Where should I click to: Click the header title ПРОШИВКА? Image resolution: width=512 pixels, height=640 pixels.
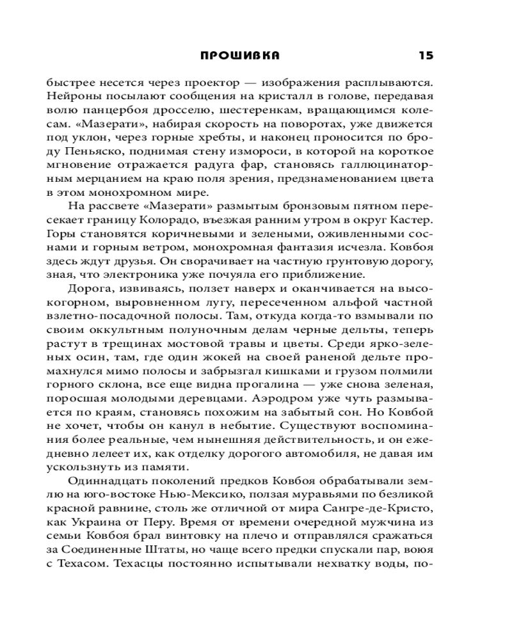[239, 56]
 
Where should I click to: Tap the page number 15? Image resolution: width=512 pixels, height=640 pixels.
[426, 56]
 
